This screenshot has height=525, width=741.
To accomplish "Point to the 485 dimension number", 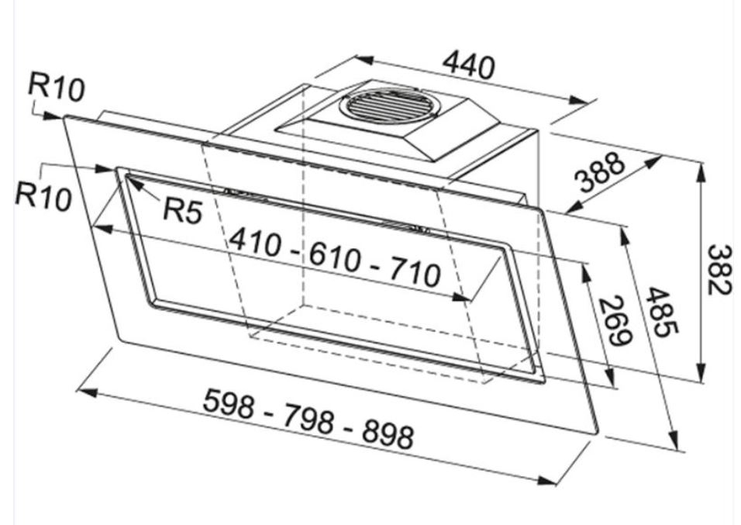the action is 663,313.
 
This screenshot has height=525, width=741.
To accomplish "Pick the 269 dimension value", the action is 615,321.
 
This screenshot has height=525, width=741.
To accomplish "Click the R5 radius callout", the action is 183,209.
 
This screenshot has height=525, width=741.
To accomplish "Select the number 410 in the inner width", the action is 255,242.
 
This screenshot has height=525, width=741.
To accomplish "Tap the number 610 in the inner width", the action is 335,258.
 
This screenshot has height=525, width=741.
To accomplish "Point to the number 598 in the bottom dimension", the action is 229,403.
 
